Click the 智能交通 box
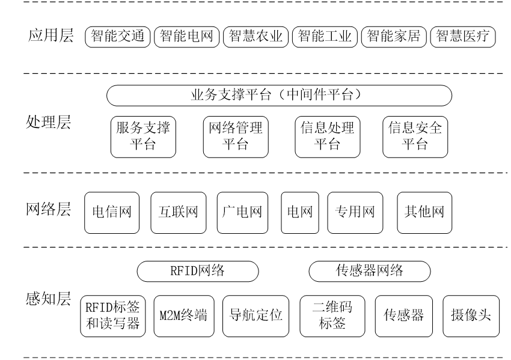118,37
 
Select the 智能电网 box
186,37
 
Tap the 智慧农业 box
255,37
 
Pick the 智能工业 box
325,37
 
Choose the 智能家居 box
394,37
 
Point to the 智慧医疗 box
462,37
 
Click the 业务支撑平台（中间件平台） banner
279,95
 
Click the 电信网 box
112,212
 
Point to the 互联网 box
178,212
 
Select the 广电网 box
242,212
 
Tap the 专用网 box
355,212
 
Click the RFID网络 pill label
198,271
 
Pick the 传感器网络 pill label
369,271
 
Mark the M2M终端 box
183,316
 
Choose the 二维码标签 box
332,316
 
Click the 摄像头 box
471,316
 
